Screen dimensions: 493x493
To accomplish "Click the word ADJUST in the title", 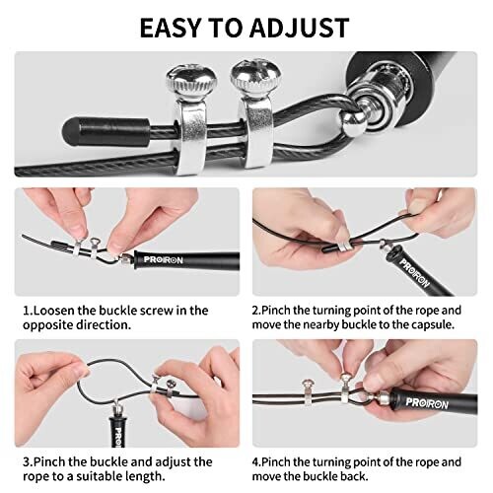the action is click(300, 28).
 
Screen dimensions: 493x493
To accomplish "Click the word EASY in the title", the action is click(170, 28).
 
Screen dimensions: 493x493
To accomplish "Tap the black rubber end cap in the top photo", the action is click(106, 131).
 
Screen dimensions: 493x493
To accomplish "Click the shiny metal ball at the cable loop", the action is click(353, 122).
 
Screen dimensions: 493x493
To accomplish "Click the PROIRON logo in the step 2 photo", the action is click(414, 273).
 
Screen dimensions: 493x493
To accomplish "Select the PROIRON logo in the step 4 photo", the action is click(427, 403).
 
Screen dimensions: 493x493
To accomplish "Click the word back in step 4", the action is click(352, 476).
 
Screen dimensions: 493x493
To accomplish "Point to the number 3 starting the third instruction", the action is click(26, 461).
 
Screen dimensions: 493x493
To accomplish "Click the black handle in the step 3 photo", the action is click(117, 432).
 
